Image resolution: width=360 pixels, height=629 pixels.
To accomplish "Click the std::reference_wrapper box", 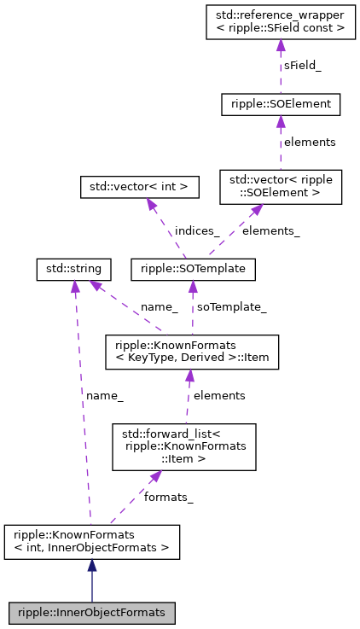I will point(281,21).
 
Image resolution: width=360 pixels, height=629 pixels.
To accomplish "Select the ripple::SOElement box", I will point(281,104).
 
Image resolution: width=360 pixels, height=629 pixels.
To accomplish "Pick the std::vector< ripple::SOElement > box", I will point(281,187).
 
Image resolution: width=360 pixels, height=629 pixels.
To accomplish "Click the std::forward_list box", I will point(184,446).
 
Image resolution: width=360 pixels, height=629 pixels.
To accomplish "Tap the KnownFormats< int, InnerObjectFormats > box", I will point(92,541).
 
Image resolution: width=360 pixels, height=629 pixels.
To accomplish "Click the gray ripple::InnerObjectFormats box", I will point(92,612).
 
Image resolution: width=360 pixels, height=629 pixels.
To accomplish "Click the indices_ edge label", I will point(197,230).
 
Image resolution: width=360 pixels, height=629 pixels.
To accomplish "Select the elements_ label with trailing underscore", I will point(270,230).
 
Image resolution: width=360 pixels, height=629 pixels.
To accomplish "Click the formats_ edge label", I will point(168,497).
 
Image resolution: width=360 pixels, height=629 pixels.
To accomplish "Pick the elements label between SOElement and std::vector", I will point(310,143).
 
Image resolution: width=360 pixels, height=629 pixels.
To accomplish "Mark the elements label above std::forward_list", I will point(219,395).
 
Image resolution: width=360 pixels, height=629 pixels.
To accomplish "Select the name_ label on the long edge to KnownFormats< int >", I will point(105,395).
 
